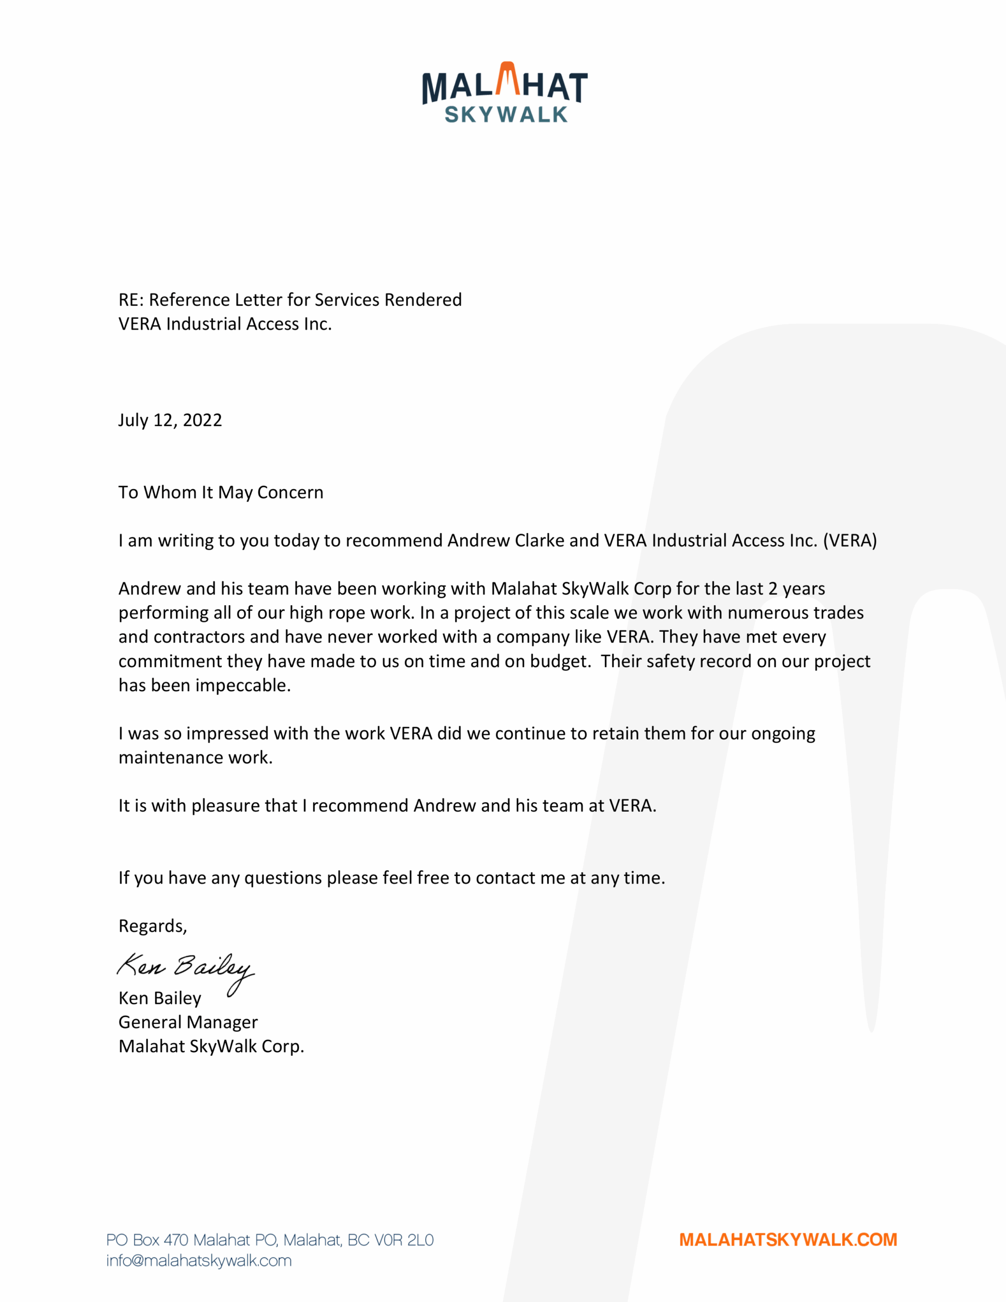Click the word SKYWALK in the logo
506,114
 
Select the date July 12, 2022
170,420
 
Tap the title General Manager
188,1022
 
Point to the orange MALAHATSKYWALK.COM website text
788,1240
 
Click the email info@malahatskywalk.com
198,1261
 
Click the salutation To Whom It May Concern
221,492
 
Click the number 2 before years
773,589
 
